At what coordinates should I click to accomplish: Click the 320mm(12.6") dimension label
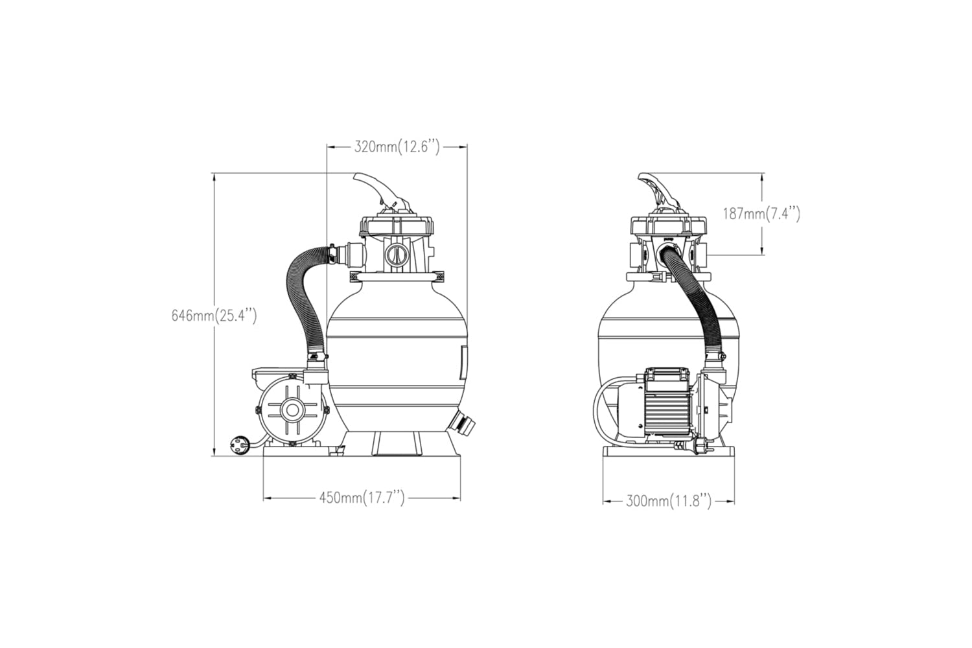(x=397, y=147)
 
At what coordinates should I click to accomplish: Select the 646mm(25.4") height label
(x=214, y=316)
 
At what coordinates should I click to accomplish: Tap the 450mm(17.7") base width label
(x=362, y=498)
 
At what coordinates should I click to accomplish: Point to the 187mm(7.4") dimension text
(x=761, y=214)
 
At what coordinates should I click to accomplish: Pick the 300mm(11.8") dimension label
(x=669, y=502)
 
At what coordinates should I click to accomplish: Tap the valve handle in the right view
(x=658, y=191)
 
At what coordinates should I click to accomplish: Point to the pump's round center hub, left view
(x=292, y=410)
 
